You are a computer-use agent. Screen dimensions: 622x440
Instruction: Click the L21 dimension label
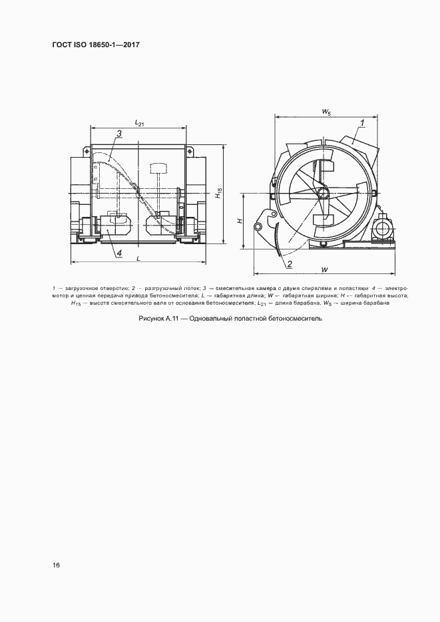point(139,122)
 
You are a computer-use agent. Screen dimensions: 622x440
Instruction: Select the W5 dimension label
point(326,112)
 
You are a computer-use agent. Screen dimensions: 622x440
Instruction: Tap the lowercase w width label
point(324,269)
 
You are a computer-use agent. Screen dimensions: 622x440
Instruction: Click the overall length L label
point(137,257)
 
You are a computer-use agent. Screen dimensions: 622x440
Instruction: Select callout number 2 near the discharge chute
point(290,264)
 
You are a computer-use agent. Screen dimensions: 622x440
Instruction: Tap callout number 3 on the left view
point(117,134)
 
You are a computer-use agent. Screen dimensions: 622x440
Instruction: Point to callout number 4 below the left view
point(118,253)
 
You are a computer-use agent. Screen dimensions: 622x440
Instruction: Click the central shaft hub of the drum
point(324,193)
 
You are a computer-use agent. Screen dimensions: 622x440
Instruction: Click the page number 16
point(57,565)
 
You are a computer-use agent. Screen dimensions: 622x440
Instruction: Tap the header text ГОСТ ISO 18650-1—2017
point(96,45)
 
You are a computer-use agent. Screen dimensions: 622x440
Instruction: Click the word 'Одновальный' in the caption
point(212,319)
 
